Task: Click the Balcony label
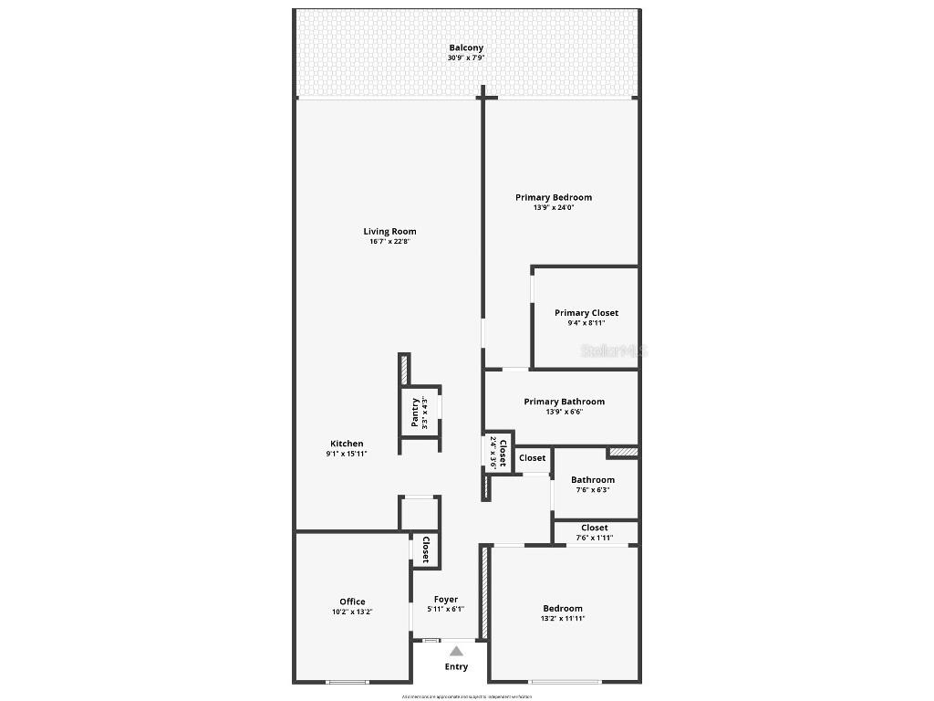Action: [466, 47]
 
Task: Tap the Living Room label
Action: [389, 231]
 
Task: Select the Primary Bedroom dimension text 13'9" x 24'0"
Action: [554, 207]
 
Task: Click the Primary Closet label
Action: [586, 313]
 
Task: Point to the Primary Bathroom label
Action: [564, 402]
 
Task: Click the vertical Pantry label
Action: [415, 413]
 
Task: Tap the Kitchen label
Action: [347, 444]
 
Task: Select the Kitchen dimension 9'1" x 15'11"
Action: [347, 454]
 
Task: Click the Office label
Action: [352, 602]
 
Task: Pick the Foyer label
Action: [446, 600]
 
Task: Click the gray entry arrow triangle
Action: [456, 651]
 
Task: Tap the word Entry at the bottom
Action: [456, 666]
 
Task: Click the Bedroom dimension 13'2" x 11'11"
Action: [563, 618]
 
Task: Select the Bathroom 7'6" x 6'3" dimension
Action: [593, 489]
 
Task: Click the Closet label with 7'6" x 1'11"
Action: [595, 528]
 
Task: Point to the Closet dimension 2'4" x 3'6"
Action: [493, 453]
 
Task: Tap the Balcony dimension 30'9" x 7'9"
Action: [466, 58]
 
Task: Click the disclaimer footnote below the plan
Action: [467, 696]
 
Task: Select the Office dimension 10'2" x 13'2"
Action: [352, 612]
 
